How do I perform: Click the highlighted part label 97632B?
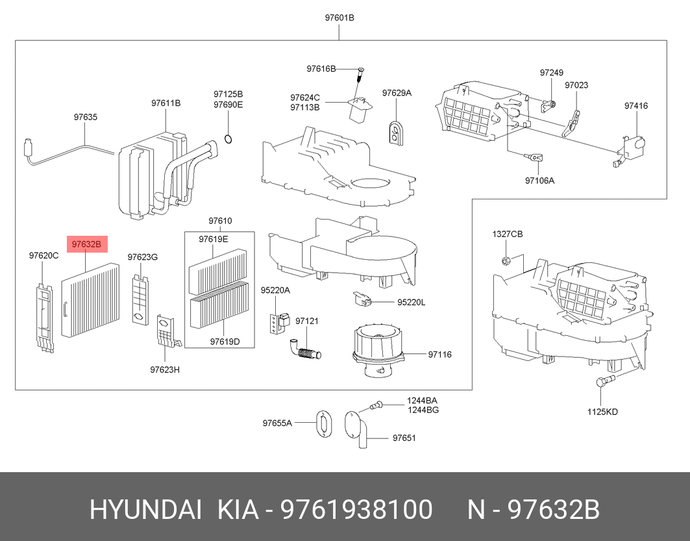pos(87,244)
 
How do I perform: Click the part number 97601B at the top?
pos(339,18)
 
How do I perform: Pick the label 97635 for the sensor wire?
pos(86,117)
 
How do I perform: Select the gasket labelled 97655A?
pos(325,424)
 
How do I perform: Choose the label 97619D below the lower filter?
pos(225,342)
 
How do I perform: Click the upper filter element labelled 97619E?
pos(218,271)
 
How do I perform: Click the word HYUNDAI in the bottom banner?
pos(145,510)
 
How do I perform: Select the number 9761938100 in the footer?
pos(356,510)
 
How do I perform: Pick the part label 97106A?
pos(539,181)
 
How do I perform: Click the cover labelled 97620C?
pos(44,317)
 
